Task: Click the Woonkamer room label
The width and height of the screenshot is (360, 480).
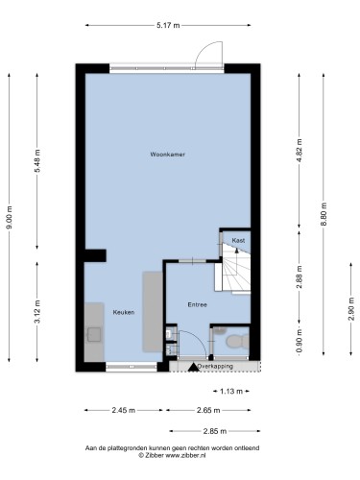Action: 168,155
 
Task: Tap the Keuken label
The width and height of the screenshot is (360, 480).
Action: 124,312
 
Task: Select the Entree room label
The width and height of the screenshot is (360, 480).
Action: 197,305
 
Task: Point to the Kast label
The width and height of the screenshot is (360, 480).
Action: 238,240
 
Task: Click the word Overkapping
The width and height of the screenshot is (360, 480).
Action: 215,366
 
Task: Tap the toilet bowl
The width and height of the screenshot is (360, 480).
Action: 237,341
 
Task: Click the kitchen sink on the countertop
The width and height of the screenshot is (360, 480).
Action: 94,334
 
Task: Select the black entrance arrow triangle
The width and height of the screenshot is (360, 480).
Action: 193,367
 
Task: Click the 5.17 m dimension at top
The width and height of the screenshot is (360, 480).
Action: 168,25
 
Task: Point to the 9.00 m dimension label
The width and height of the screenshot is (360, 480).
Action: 10,217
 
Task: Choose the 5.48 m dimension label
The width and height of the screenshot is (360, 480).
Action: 37,161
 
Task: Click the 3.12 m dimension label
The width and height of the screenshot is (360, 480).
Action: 37,312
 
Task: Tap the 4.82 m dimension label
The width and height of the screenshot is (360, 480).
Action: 300,151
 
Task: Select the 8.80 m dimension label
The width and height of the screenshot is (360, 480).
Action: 324,214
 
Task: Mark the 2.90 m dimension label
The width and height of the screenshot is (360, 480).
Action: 351,309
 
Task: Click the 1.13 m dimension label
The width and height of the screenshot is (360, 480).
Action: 231,391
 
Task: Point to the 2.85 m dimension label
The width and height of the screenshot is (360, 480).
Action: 215,431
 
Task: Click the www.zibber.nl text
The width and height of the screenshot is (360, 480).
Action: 185,455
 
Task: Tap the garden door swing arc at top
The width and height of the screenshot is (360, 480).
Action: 202,48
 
